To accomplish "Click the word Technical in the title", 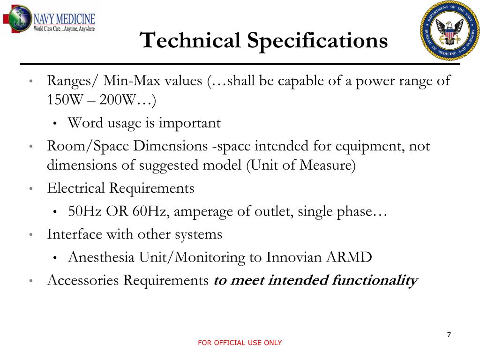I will click(x=190, y=40).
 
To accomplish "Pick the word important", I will click(x=189, y=123).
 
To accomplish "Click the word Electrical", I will click(x=76, y=188).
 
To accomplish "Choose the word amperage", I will click(x=200, y=211).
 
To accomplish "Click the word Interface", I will click(x=75, y=234).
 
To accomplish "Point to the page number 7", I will click(x=449, y=335).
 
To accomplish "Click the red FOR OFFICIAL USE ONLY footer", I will click(x=240, y=343).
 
